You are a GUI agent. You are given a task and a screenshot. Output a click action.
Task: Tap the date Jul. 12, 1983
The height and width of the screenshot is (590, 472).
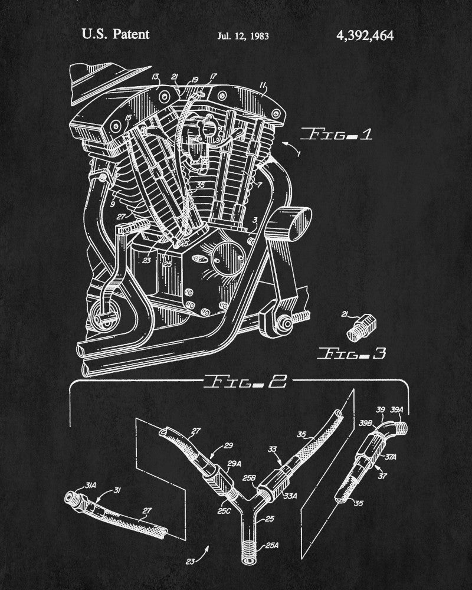242,36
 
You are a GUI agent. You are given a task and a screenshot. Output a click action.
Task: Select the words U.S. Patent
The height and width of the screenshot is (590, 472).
116,34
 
